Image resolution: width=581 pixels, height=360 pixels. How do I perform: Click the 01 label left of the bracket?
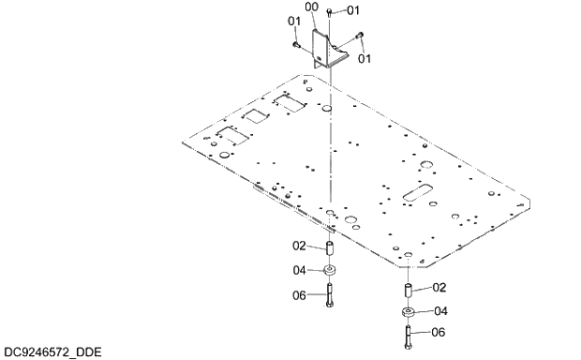pyautogui.click(x=293, y=21)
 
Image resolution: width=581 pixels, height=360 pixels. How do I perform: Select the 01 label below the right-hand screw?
pyautogui.click(x=364, y=58)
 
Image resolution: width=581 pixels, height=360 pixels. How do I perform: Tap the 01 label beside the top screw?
pyautogui.click(x=352, y=10)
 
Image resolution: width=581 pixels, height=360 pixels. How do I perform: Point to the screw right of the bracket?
pyautogui.click(x=360, y=39)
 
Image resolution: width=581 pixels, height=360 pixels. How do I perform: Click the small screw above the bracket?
pyautogui.click(x=330, y=10)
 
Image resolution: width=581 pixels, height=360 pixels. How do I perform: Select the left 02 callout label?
pyautogui.click(x=300, y=247)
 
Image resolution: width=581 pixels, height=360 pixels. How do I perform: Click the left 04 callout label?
pyautogui.click(x=300, y=271)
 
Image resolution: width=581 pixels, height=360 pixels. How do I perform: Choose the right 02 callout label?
pyautogui.click(x=438, y=288)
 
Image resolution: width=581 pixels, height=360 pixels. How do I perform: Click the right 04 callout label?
pyautogui.click(x=438, y=311)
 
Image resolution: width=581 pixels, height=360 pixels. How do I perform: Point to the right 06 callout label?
pyautogui.click(x=438, y=332)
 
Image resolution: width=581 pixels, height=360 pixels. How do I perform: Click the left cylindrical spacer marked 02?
pyautogui.click(x=330, y=249)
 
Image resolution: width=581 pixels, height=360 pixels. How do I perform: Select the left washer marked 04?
pyautogui.click(x=330, y=272)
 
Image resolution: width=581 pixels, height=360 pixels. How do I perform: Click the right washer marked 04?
pyautogui.click(x=409, y=312)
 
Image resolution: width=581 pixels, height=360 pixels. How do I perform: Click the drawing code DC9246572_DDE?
pyautogui.click(x=52, y=352)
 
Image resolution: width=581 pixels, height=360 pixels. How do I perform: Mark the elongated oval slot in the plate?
pyautogui.click(x=416, y=194)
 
